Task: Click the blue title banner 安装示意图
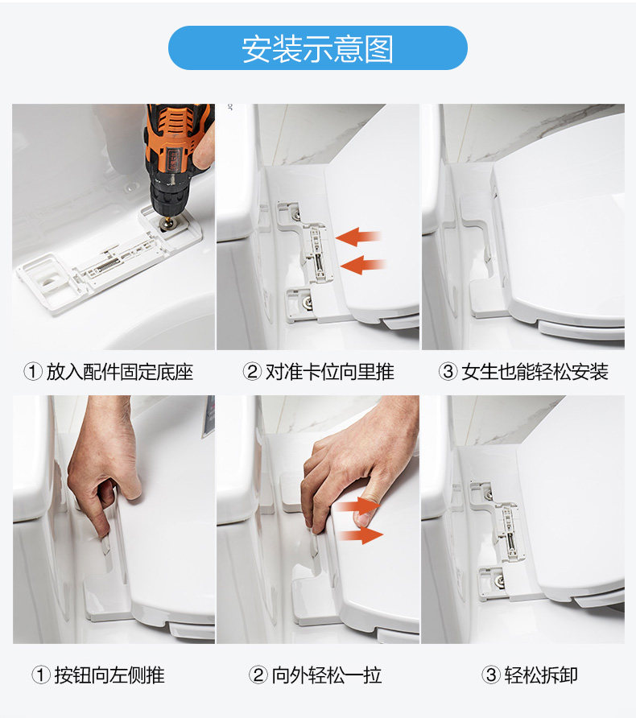tap(318, 48)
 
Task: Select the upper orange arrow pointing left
tap(358, 237)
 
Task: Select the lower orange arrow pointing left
tap(362, 265)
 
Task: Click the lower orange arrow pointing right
tap(361, 534)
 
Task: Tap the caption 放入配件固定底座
tap(119, 372)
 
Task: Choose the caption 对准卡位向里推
tap(329, 372)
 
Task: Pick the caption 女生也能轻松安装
tap(535, 372)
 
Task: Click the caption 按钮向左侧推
tap(109, 675)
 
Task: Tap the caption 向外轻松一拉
tap(327, 675)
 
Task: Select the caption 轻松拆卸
tap(541, 675)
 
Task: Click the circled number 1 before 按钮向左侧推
tap(41, 675)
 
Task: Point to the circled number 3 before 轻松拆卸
tap(491, 675)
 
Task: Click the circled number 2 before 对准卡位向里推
tap(252, 372)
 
